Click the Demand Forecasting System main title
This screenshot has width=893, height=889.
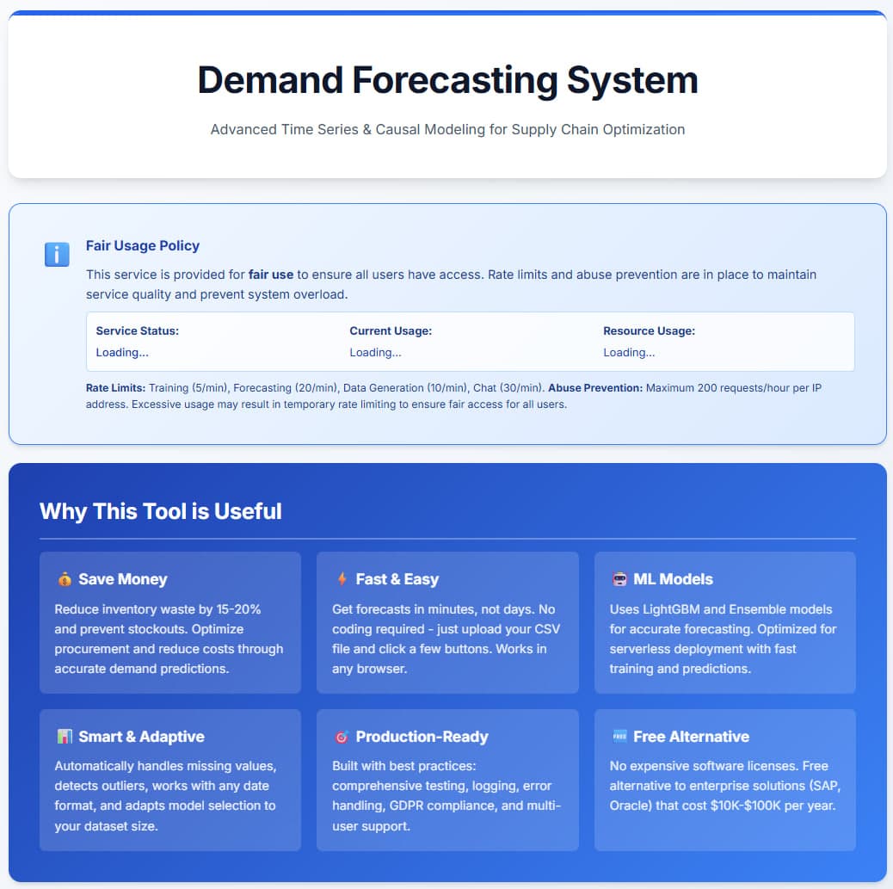(447, 80)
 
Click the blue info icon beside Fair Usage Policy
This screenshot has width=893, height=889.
(57, 255)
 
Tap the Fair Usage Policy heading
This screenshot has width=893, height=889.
(143, 245)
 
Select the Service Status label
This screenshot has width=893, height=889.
(138, 330)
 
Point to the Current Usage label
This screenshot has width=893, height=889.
(391, 330)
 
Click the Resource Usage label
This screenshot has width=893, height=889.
(649, 330)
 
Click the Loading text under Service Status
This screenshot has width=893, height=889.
(122, 352)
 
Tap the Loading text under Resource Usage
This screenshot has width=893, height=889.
(629, 352)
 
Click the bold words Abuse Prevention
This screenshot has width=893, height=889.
(595, 388)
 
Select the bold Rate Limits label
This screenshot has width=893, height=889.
(115, 388)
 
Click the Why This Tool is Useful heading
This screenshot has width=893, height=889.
(161, 511)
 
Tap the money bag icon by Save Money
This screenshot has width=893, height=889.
(65, 579)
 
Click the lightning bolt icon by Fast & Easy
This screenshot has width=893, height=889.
(342, 579)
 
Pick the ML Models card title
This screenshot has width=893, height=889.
(673, 579)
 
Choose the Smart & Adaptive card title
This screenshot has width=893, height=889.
(141, 737)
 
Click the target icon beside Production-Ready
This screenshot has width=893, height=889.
(342, 737)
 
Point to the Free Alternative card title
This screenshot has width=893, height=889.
(691, 737)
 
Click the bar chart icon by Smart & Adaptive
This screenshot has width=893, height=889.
(65, 737)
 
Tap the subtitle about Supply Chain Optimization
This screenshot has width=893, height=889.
(447, 129)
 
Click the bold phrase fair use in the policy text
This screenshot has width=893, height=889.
(271, 275)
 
